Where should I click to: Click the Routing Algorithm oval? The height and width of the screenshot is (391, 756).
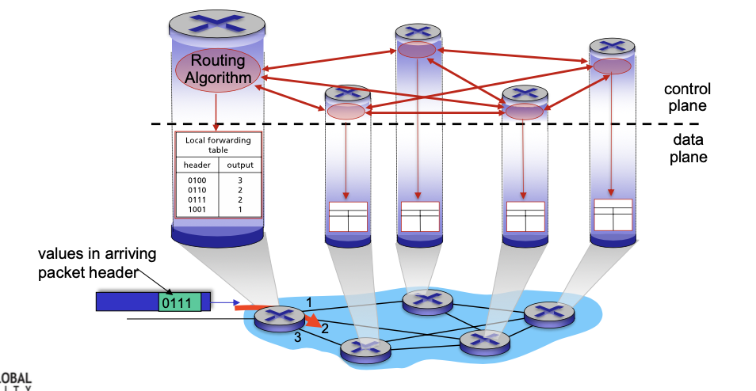coord(216,69)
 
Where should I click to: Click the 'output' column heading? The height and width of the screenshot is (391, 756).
coord(240,165)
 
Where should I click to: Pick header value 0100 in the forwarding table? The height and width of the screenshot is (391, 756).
coord(197,181)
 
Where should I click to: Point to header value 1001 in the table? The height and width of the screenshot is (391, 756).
coord(197,209)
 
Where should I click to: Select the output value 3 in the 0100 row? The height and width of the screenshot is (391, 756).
coord(240,181)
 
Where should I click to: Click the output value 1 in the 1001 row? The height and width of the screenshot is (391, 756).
coord(240,209)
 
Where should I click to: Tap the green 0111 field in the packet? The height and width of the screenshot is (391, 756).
coord(179,302)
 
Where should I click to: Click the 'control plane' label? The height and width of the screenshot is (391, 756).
coord(686,97)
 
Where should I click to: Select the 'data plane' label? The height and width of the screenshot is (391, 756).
coord(686,148)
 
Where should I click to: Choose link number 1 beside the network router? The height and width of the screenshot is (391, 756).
coord(309,302)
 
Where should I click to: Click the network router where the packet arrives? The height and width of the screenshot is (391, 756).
coord(280,317)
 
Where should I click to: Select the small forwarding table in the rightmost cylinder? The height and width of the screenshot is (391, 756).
coord(613,214)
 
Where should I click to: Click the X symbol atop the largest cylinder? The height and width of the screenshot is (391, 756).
coord(217,24)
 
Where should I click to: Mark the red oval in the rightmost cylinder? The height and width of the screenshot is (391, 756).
coord(612,66)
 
